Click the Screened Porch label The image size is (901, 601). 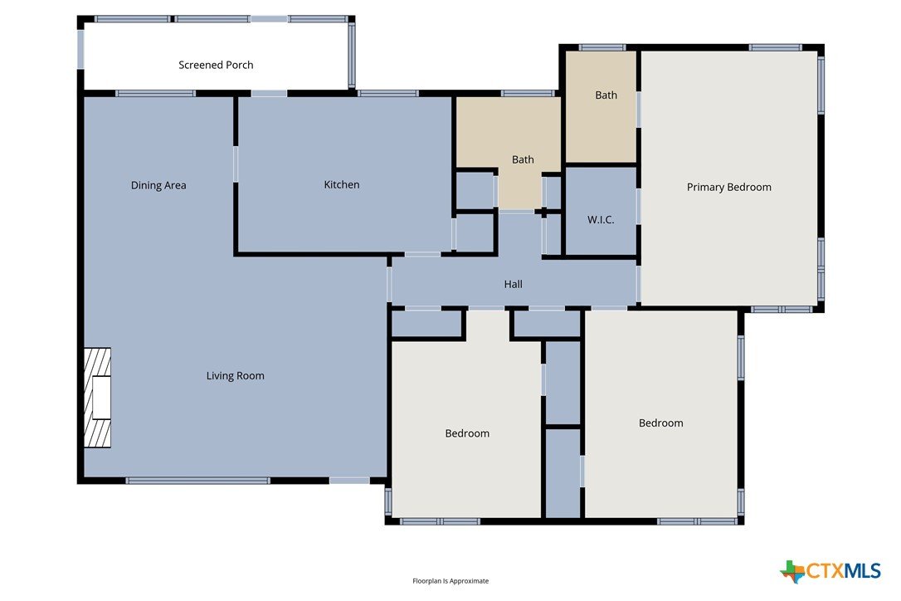click(216, 65)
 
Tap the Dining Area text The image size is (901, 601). click(158, 185)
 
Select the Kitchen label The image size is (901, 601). click(342, 184)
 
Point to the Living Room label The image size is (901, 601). click(236, 376)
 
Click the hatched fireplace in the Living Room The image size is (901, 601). click(97, 398)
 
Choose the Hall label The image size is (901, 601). click(513, 284)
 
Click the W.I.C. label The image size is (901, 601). click(601, 220)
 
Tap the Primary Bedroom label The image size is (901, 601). click(729, 187)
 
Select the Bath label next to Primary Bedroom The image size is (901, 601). click(606, 95)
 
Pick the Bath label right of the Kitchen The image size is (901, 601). click(523, 159)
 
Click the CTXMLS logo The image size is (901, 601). click(830, 570)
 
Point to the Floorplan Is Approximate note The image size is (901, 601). click(450, 581)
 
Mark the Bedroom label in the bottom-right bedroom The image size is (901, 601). click(660, 423)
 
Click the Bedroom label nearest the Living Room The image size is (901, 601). click(467, 433)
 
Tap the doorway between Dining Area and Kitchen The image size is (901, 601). click(236, 164)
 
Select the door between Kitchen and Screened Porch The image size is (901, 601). click(269, 93)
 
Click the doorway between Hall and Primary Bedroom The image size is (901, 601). click(638, 284)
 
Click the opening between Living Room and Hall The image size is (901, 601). click(389, 285)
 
